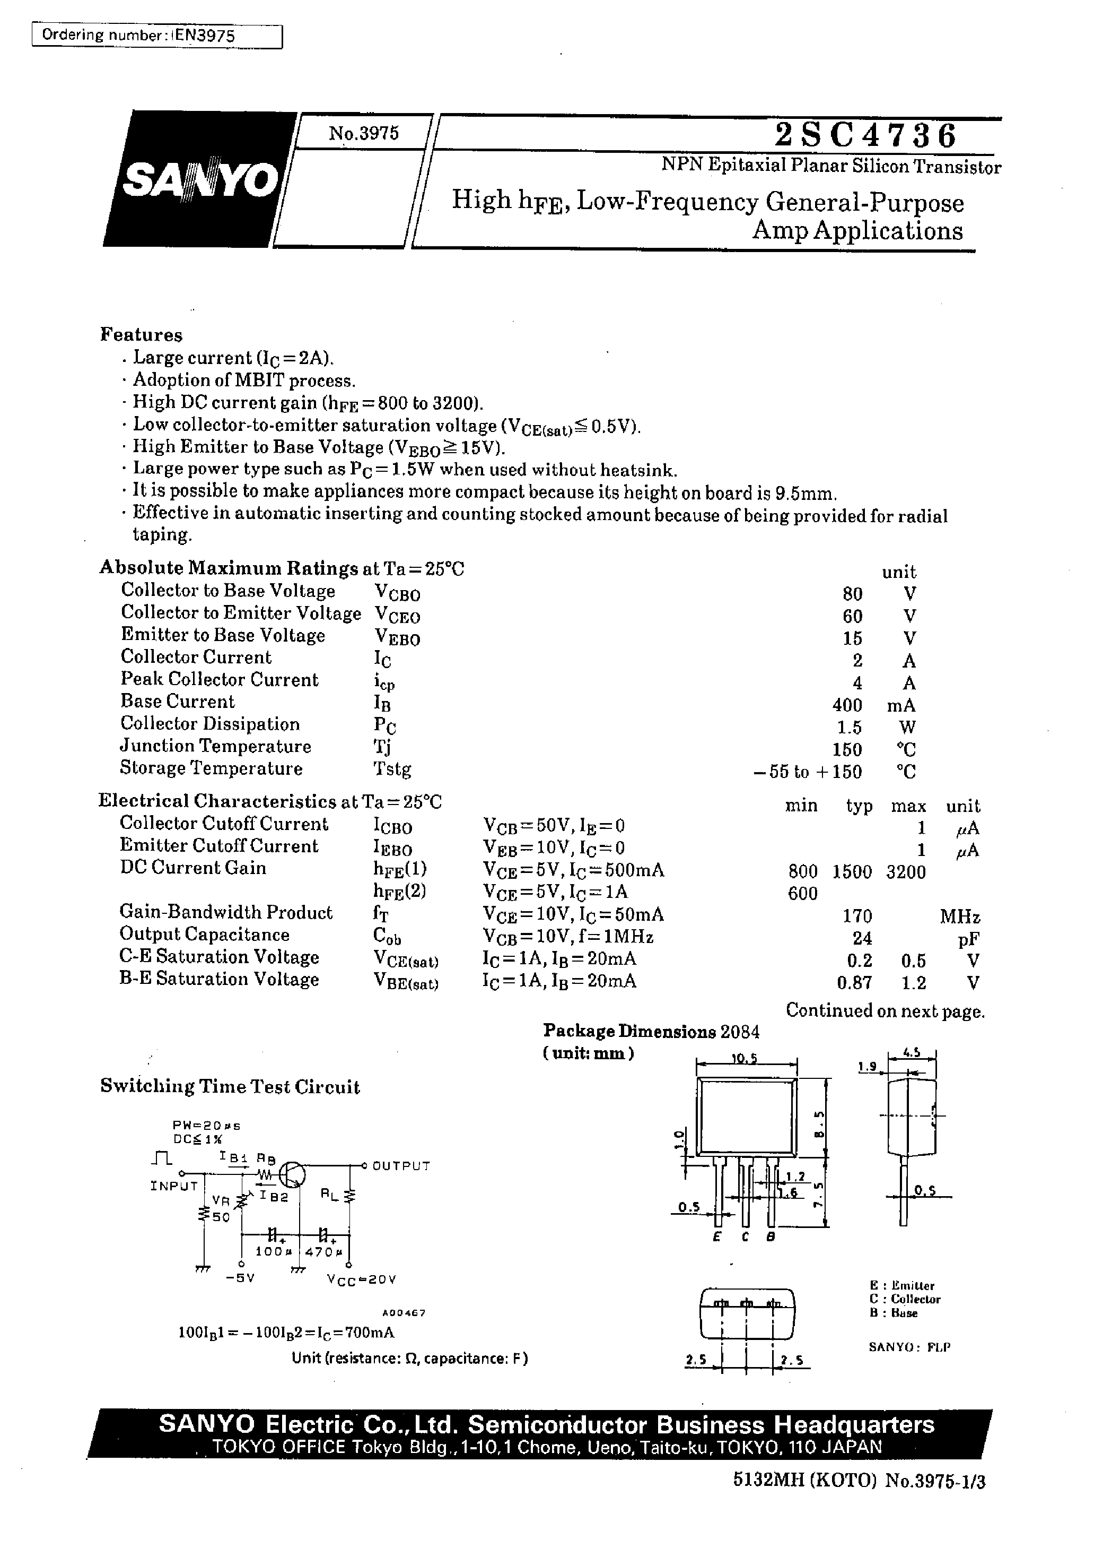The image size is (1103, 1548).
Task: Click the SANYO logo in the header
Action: coord(200,179)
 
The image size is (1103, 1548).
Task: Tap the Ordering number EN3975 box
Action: coord(157,36)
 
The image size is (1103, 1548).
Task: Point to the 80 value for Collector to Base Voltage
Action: coord(852,594)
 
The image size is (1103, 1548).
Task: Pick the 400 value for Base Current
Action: coord(847,705)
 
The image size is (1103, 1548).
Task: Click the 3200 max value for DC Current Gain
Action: coord(905,872)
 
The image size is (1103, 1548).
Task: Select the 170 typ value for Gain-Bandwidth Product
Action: coord(856,916)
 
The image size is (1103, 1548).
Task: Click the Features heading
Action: coord(141,335)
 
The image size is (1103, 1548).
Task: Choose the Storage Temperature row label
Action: coord(211,768)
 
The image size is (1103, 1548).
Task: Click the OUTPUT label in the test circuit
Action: coord(401,1166)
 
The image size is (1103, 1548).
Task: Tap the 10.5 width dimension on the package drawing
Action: coord(745,1059)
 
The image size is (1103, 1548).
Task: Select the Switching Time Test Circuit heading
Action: coord(230,1087)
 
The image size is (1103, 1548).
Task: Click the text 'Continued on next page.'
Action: coord(885,1010)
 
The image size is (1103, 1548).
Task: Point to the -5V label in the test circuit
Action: coord(240,1277)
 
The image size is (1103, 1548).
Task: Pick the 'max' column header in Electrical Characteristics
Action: coord(908,807)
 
